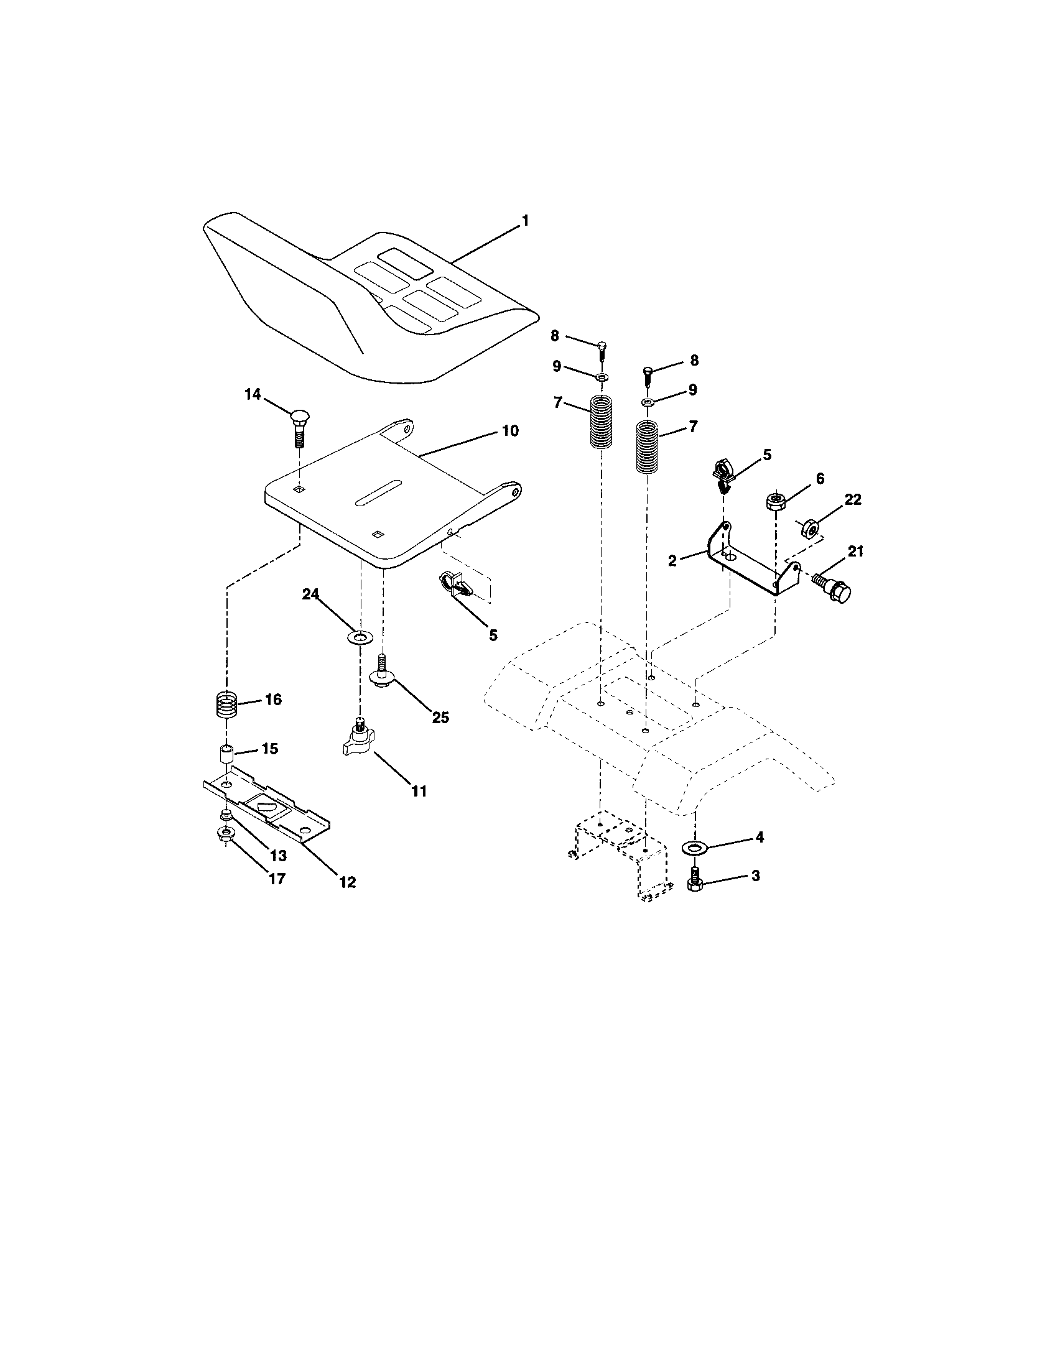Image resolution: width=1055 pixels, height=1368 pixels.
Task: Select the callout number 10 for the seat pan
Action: click(510, 431)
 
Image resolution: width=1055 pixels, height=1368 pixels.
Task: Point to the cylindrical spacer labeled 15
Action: click(226, 754)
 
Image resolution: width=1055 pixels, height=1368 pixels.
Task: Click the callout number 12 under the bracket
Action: click(347, 882)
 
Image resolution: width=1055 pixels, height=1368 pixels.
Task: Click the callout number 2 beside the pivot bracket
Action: click(672, 561)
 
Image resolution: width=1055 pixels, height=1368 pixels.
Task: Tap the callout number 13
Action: click(277, 856)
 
